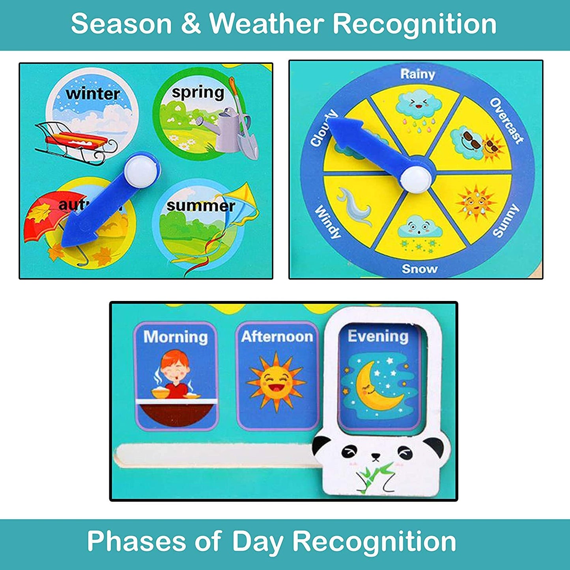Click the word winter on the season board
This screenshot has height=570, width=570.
(93, 93)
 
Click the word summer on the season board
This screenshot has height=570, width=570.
(200, 206)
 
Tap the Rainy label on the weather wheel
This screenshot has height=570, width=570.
(417, 74)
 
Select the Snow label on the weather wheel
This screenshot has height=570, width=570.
(419, 269)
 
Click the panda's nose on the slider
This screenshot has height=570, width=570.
(376, 457)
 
